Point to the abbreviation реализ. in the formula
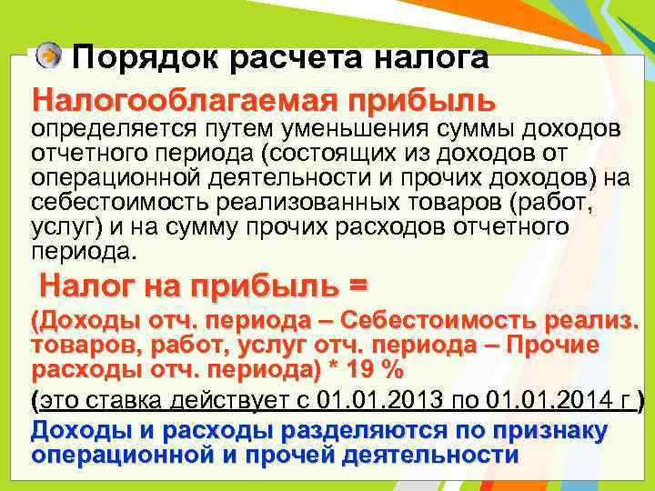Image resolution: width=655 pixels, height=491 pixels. click(x=604, y=323)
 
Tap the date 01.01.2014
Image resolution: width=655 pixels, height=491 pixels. click(x=540, y=401)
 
